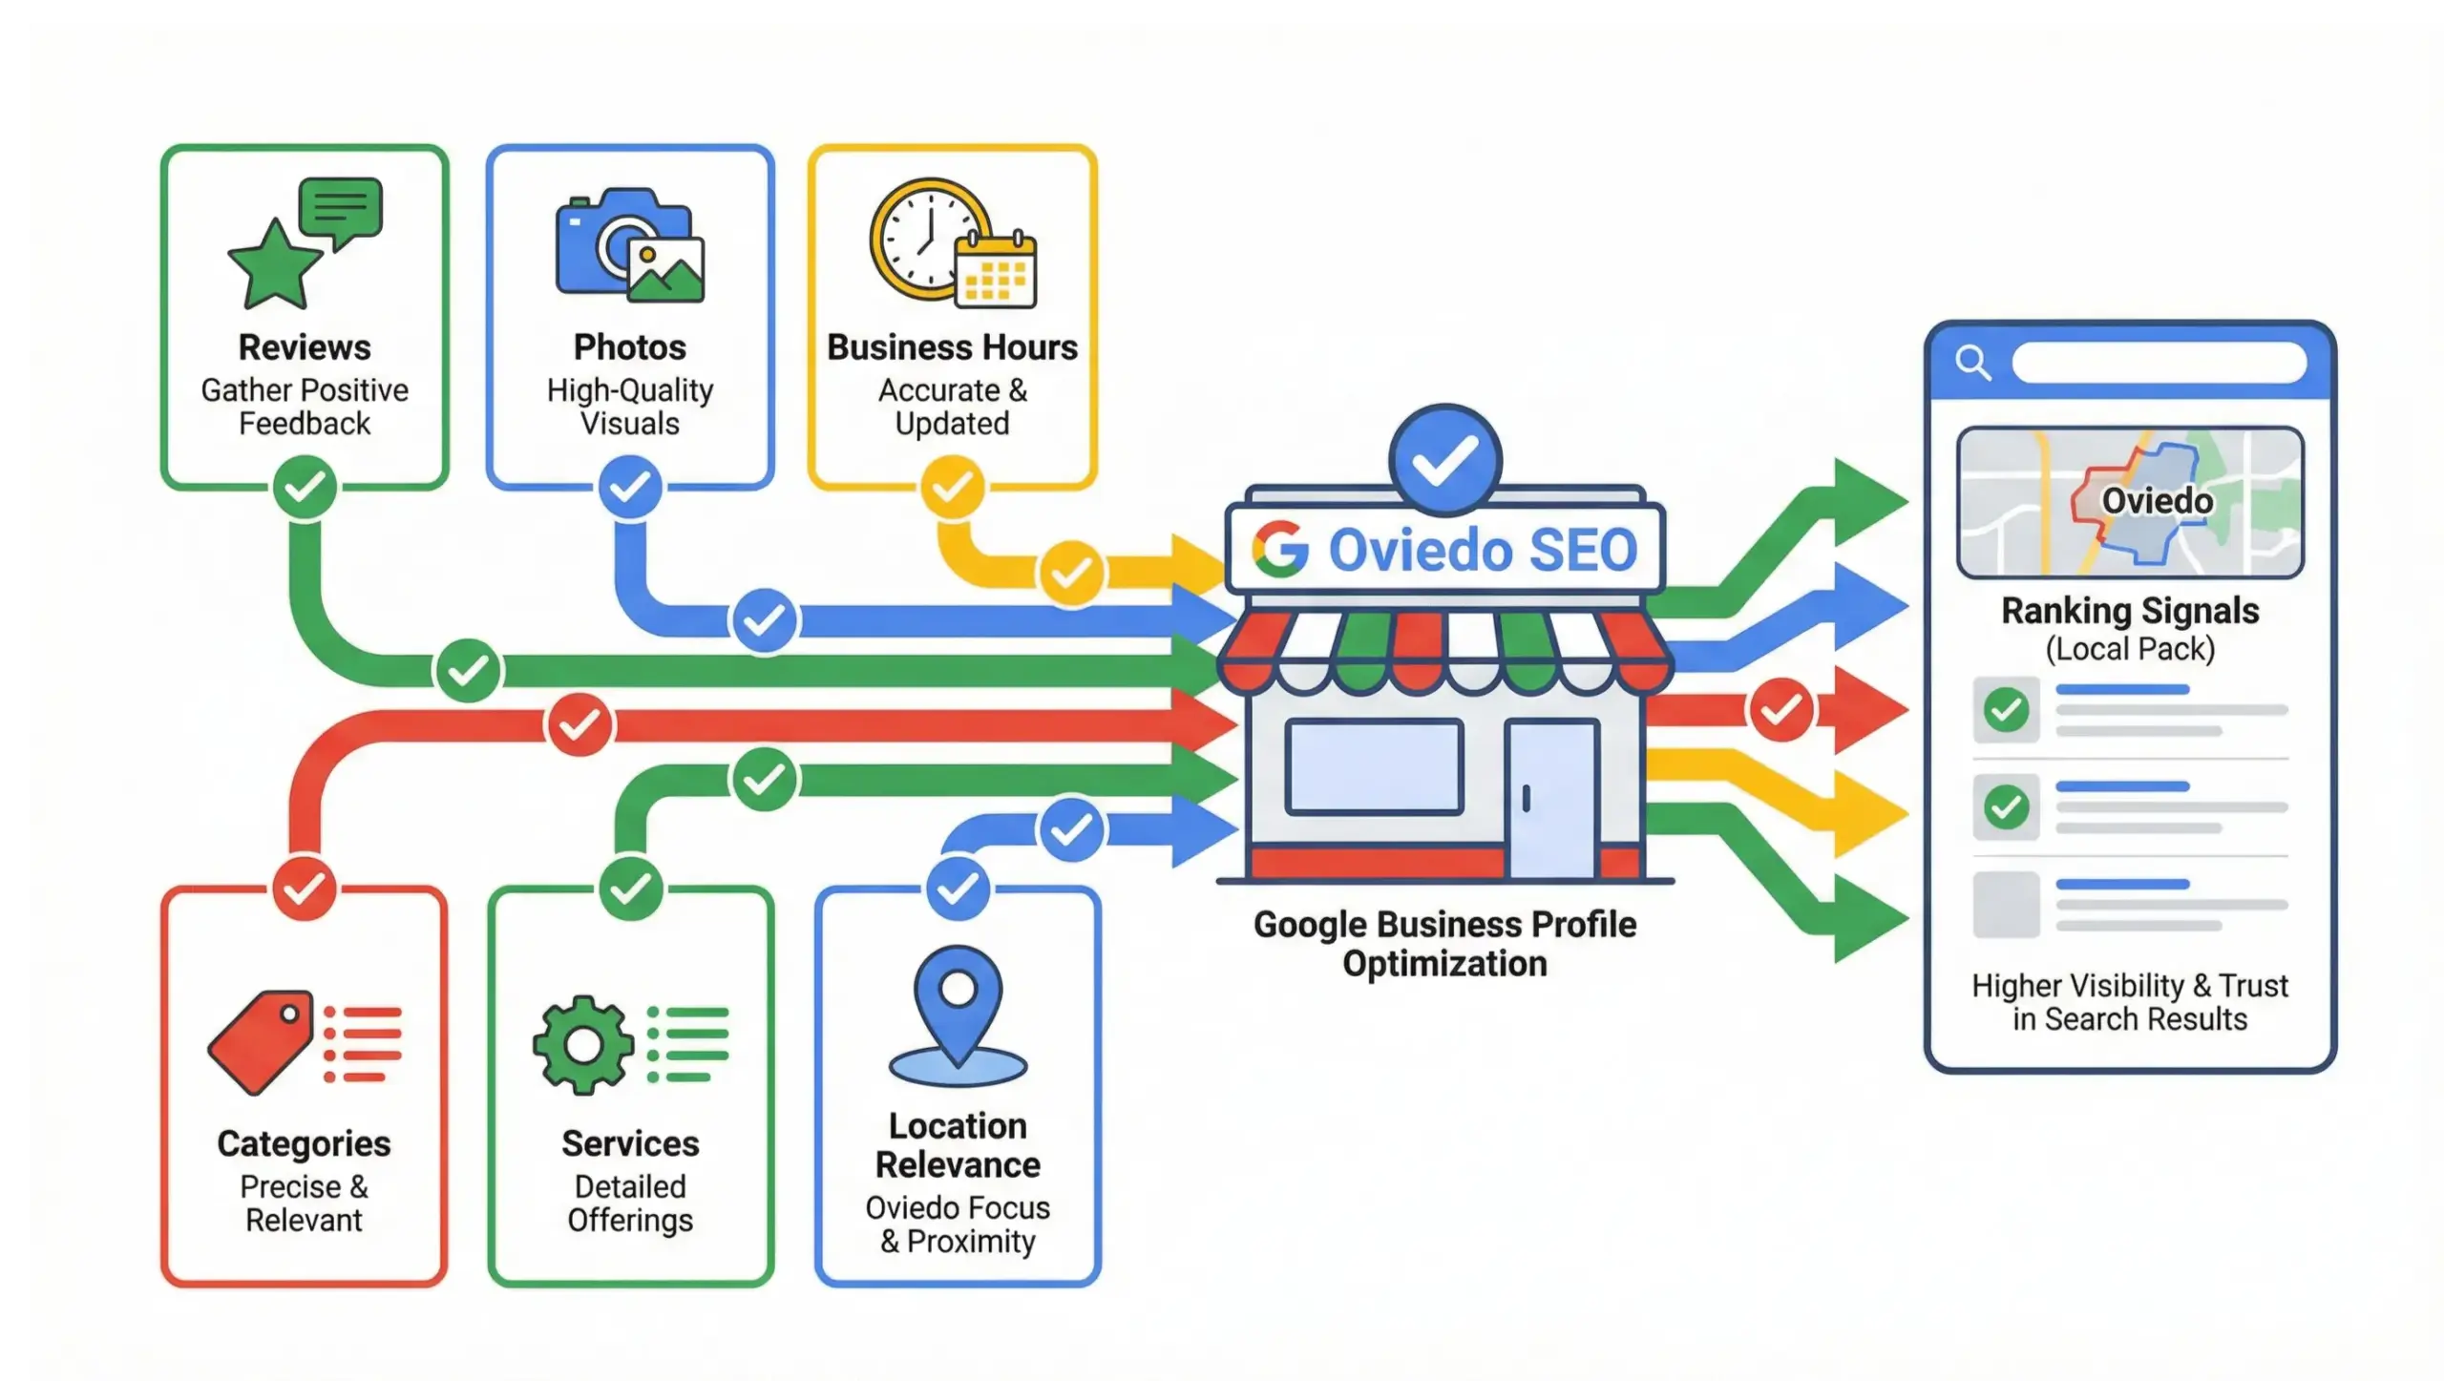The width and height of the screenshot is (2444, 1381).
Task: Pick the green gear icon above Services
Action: (582, 1045)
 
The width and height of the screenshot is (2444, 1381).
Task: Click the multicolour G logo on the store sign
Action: (1280, 550)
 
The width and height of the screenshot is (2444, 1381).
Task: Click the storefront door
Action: (1550, 798)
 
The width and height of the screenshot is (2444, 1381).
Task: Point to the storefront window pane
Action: (1374, 766)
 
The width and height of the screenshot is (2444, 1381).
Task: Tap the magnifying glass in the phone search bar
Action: (1972, 363)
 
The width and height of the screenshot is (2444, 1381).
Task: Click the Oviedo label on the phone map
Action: (2157, 501)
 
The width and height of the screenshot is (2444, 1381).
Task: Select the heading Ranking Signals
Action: (2130, 611)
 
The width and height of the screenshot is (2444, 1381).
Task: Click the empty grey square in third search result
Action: (2006, 904)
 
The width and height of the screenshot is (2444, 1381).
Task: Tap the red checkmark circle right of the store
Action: (1780, 710)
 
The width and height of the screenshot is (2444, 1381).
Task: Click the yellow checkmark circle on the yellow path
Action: (1071, 573)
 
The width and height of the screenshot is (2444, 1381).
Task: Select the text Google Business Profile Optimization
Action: (1444, 944)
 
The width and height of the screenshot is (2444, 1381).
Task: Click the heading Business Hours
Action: (952, 347)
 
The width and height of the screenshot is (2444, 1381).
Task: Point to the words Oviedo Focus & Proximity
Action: (958, 1224)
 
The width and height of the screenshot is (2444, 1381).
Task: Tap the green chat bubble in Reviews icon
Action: (341, 208)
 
